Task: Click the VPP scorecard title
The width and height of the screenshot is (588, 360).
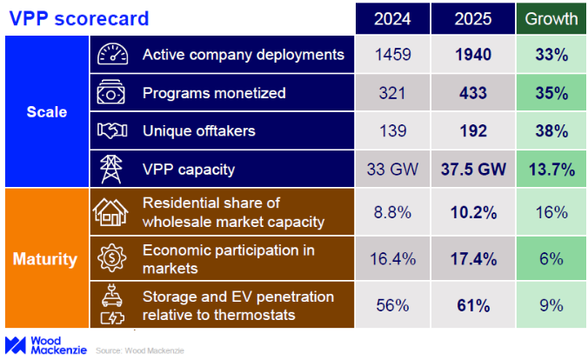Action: pos(77,17)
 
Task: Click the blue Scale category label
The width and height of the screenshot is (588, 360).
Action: pos(43,113)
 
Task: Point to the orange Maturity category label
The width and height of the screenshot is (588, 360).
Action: pos(43,259)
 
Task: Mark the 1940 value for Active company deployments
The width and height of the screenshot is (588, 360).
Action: pos(472,55)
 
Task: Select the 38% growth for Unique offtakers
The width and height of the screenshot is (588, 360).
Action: pos(551,131)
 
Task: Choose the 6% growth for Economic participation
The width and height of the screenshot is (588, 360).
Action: pos(551,259)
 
